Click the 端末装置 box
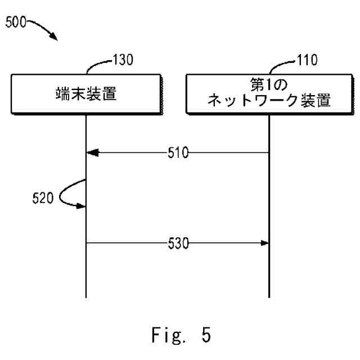click(x=85, y=93)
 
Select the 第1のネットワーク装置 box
click(x=269, y=93)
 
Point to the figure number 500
click(x=16, y=23)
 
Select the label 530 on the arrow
click(x=178, y=243)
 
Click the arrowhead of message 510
click(x=92, y=152)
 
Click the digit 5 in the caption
click(x=206, y=335)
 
